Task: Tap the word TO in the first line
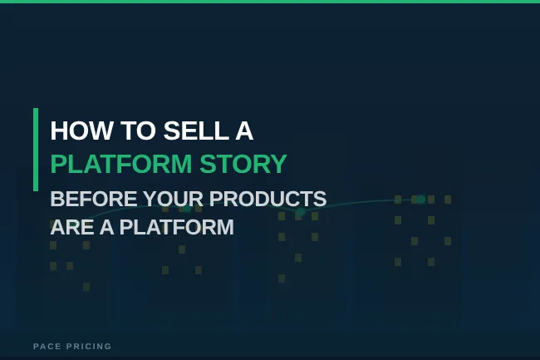(x=120, y=131)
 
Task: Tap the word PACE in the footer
(x=47, y=346)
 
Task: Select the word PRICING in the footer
(x=89, y=346)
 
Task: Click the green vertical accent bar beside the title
(x=36, y=150)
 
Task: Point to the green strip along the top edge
(x=270, y=2)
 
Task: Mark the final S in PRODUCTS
(x=320, y=200)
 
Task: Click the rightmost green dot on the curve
(x=421, y=200)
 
